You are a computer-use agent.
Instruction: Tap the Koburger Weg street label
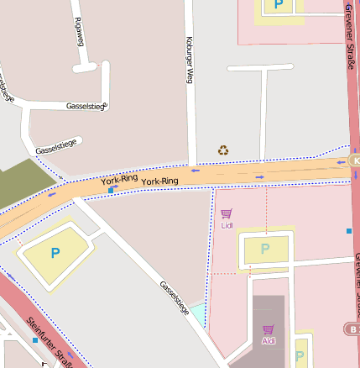pyautogui.click(x=190, y=60)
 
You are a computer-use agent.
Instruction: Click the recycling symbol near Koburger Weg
pyautogui.click(x=223, y=150)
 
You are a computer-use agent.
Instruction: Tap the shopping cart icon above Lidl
pyautogui.click(x=226, y=214)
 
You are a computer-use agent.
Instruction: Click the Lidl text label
pyautogui.click(x=226, y=225)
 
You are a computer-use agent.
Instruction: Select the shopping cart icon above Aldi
pyautogui.click(x=268, y=329)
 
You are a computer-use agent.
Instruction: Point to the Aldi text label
pyautogui.click(x=268, y=340)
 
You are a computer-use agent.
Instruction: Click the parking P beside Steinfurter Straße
pyautogui.click(x=55, y=252)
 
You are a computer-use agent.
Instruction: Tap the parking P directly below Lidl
pyautogui.click(x=265, y=249)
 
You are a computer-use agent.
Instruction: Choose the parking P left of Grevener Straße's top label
pyautogui.click(x=276, y=7)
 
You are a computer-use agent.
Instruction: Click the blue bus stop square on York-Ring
pyautogui.click(x=111, y=191)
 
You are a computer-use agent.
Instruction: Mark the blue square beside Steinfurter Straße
pyautogui.click(x=35, y=340)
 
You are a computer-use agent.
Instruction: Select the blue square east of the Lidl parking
pyautogui.click(x=349, y=230)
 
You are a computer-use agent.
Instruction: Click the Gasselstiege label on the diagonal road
pyautogui.click(x=175, y=297)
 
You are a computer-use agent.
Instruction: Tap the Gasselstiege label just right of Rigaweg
pyautogui.click(x=86, y=107)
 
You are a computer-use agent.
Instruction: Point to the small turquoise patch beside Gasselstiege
pyautogui.click(x=197, y=315)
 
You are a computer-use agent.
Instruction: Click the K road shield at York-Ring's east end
pyautogui.click(x=354, y=160)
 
